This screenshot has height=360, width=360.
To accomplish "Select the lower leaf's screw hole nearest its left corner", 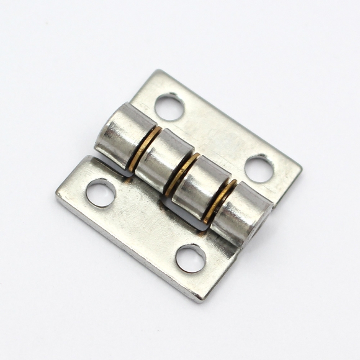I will click(x=100, y=191).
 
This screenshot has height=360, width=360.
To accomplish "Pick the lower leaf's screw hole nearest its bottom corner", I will click(x=191, y=258).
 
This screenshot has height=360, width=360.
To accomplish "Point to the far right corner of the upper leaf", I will click(x=301, y=166).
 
